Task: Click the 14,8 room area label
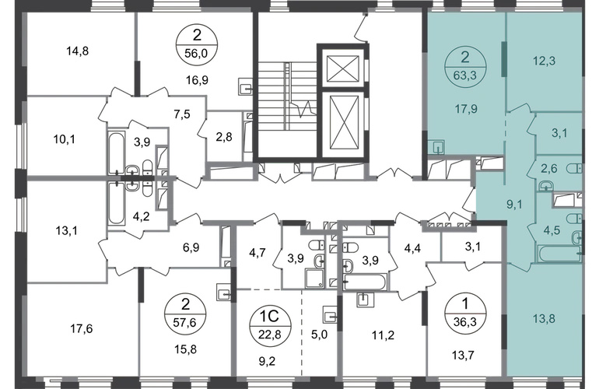click(x=78, y=51)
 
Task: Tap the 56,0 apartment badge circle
click(x=197, y=44)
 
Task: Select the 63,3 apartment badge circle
click(x=465, y=67)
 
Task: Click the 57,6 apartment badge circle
click(x=185, y=314)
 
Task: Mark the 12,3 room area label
click(x=544, y=61)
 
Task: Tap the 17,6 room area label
click(x=82, y=328)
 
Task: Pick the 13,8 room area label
click(x=544, y=318)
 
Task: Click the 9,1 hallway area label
click(x=514, y=205)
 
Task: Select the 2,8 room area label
click(x=224, y=136)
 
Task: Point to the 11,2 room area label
click(x=384, y=335)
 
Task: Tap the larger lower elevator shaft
click(x=343, y=124)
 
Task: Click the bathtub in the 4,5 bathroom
click(x=559, y=254)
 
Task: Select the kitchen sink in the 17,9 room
click(x=436, y=147)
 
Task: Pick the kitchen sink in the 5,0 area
click(x=330, y=315)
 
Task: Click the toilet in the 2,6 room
click(x=574, y=169)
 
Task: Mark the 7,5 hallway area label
click(x=182, y=114)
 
